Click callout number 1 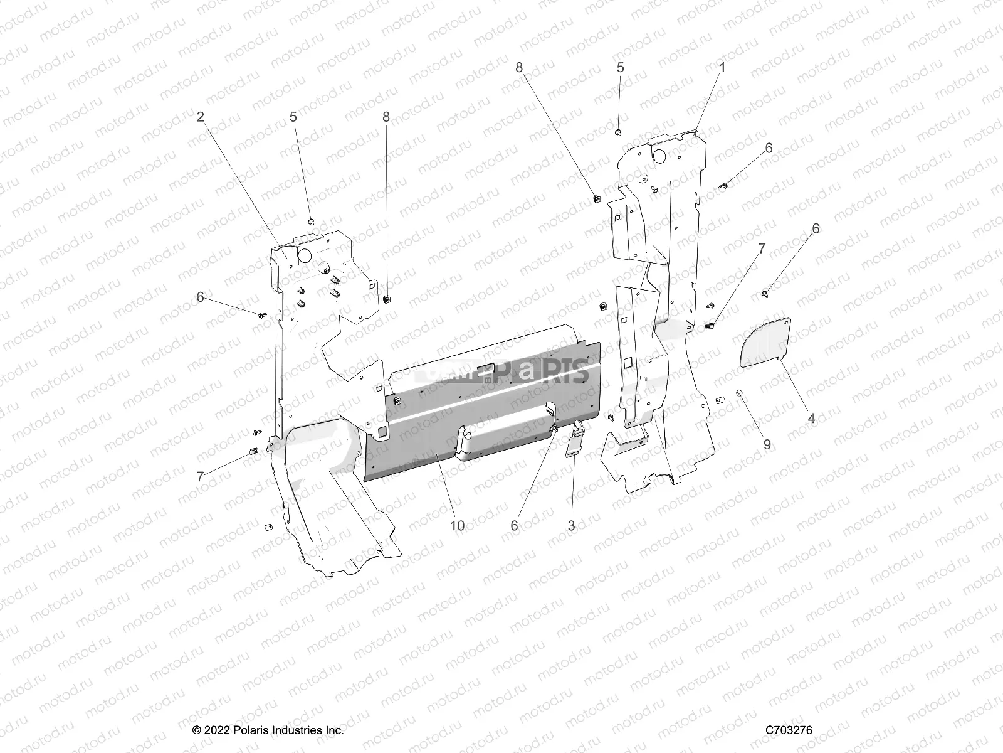(x=722, y=68)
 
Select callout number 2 (x=200, y=117)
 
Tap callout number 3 (x=571, y=526)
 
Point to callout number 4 (x=812, y=418)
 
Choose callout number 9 (x=767, y=444)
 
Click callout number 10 (x=458, y=526)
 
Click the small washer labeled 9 (x=740, y=393)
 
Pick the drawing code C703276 (x=789, y=730)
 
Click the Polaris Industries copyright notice (x=268, y=730)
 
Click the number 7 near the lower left (x=200, y=477)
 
